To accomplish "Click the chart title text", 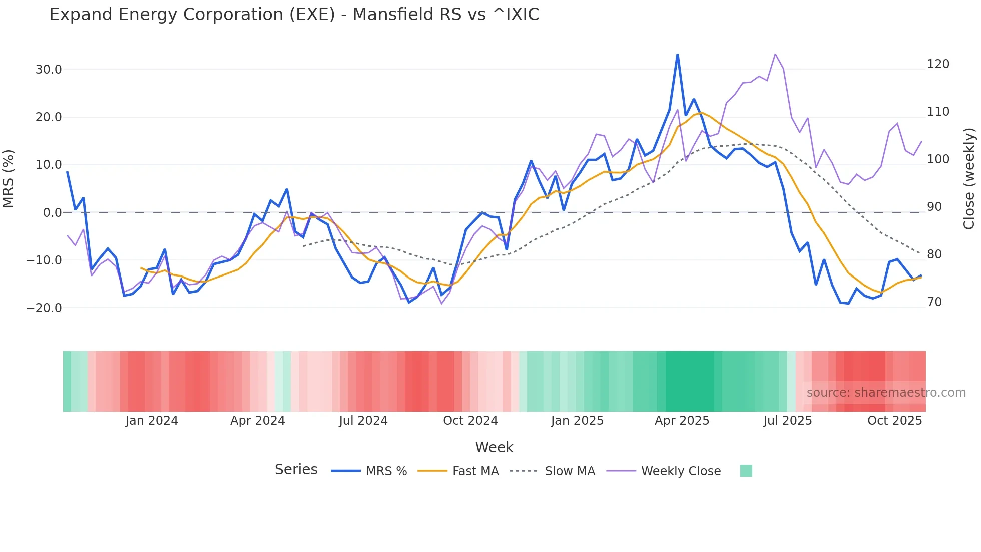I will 294,15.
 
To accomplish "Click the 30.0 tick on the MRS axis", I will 49,70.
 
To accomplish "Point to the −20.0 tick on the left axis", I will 44,308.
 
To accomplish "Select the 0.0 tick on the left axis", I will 53,213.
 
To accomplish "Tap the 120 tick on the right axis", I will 938,64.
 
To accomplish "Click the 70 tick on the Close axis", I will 934,302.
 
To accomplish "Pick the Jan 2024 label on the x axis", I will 152,421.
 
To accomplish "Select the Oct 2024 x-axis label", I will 470,421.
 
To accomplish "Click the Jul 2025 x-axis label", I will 787,421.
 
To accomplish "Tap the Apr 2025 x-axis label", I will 682,421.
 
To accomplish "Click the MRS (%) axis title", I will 9,179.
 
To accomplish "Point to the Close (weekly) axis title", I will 969,179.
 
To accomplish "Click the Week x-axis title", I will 494,447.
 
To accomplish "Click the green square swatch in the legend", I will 746,471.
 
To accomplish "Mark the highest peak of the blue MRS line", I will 677,55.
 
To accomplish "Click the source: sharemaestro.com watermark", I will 886,393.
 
